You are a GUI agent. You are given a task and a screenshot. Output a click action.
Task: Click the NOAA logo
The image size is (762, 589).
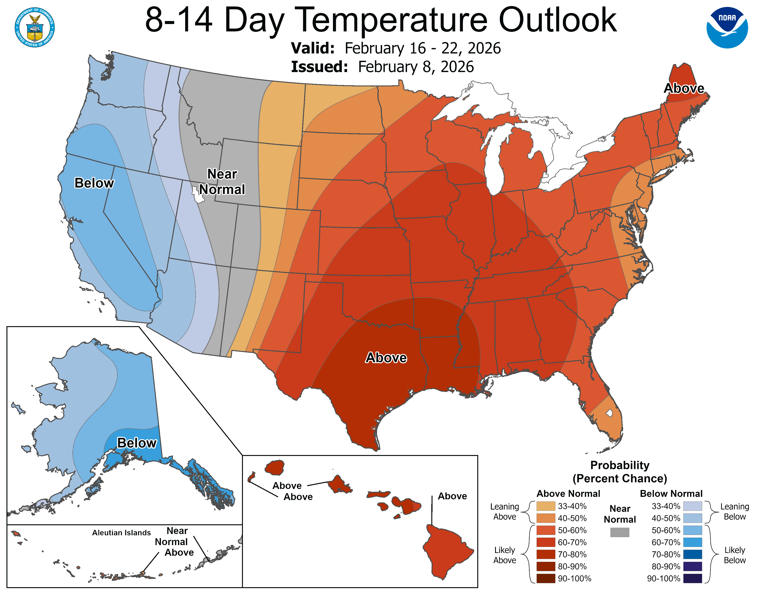(727, 27)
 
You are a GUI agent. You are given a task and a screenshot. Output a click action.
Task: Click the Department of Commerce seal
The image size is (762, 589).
(35, 27)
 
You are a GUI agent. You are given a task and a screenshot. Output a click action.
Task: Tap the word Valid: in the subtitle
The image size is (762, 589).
(313, 48)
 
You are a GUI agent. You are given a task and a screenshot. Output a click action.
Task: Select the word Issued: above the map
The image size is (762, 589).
(319, 67)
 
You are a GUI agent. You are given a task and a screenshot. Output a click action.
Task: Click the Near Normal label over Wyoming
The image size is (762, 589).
(222, 182)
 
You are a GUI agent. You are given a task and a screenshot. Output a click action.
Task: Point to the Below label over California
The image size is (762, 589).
(94, 183)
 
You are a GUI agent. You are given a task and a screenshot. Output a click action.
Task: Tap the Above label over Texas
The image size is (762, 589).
(386, 358)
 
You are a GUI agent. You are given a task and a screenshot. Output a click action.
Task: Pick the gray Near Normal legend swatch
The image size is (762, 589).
(620, 532)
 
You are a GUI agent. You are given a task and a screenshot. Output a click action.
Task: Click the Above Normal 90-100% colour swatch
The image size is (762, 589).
(546, 579)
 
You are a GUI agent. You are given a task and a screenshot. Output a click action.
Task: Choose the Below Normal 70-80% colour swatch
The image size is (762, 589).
(692, 554)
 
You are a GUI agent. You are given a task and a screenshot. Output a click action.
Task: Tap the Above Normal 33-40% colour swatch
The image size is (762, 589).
(546, 506)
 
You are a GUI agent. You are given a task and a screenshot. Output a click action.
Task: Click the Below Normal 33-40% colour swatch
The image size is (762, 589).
(692, 506)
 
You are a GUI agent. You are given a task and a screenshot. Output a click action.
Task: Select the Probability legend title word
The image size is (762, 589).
(620, 465)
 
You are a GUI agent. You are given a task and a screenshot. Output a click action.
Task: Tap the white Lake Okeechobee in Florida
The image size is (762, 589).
(609, 413)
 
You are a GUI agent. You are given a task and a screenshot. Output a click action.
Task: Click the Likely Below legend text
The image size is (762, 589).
(735, 555)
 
